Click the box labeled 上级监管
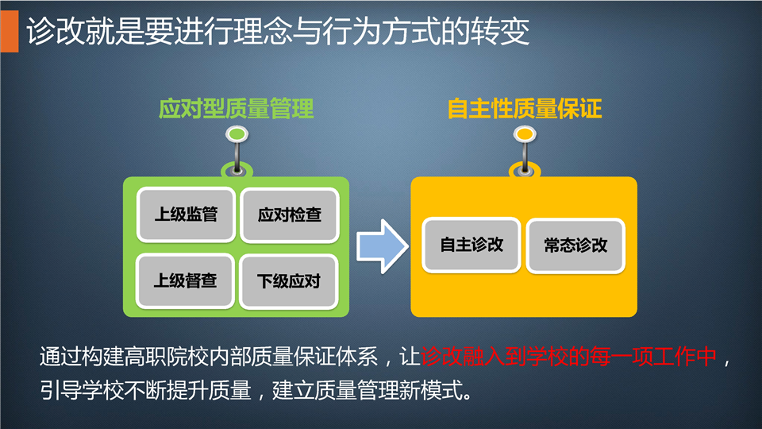186,214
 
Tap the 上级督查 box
185,280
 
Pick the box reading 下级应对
289,281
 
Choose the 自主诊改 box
471,245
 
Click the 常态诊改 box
576,245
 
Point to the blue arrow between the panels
383,246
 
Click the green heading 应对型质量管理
237,109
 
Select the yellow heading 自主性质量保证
525,109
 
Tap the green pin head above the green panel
237,133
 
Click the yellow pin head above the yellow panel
525,133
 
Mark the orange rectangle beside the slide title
10,31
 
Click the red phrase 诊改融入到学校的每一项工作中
568,357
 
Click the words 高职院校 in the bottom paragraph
166,357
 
